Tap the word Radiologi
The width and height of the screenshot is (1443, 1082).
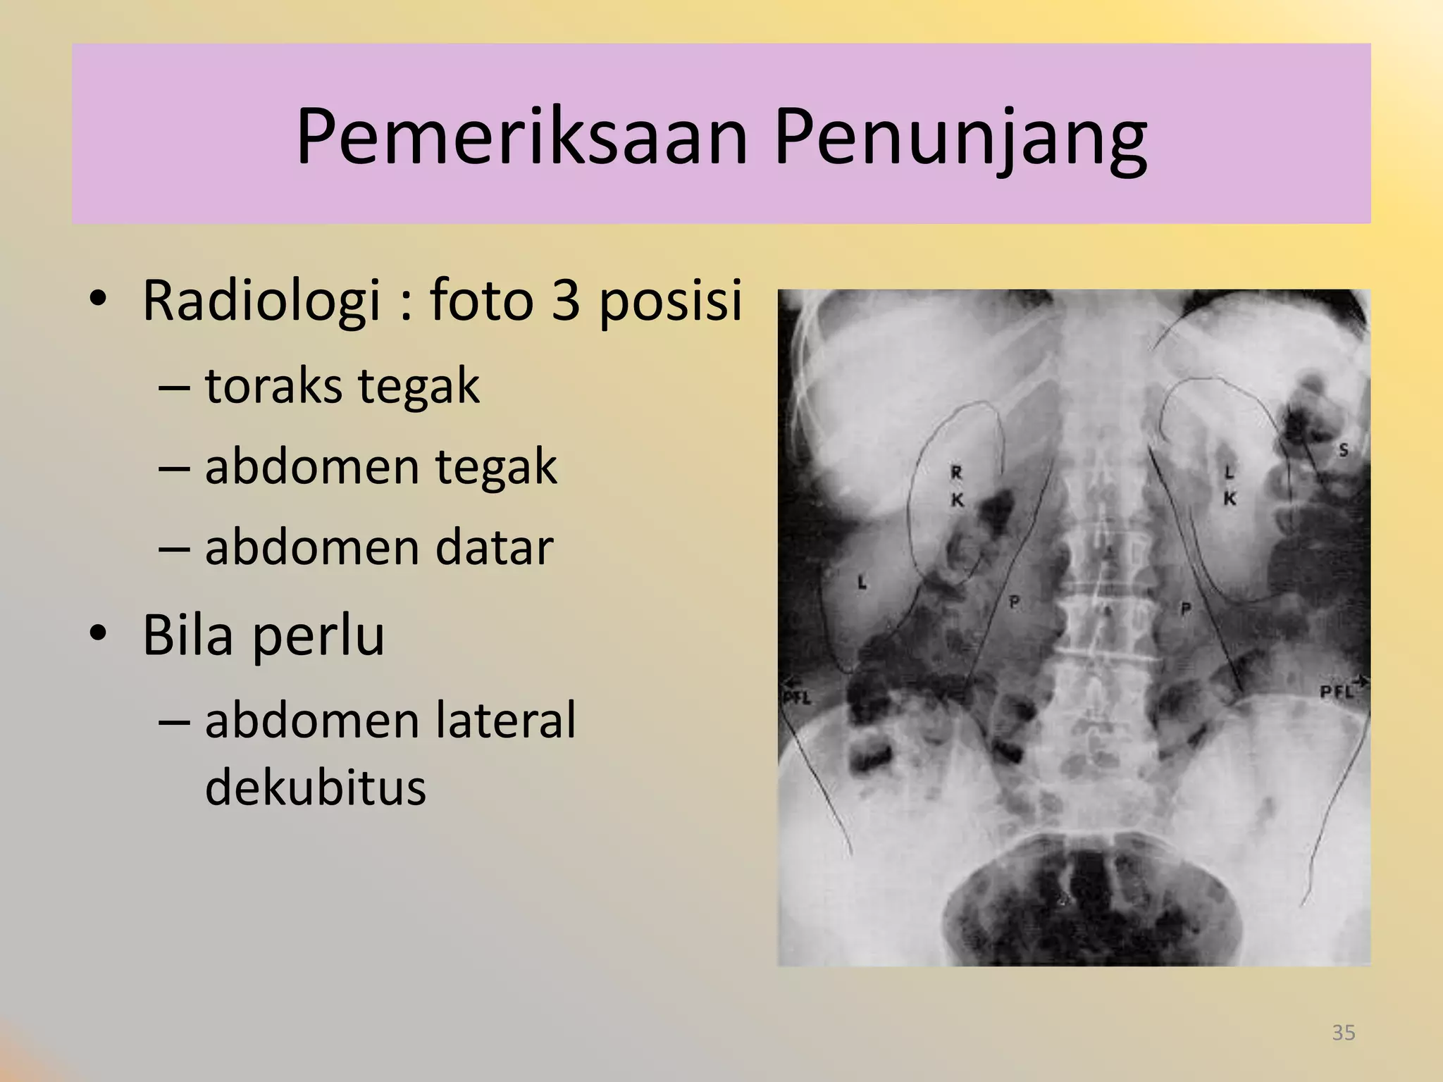(261, 301)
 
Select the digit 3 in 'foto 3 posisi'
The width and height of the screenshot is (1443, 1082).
(566, 300)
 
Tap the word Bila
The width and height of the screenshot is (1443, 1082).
(187, 635)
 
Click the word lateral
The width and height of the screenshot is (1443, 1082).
(505, 721)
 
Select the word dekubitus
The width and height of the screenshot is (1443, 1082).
(315, 787)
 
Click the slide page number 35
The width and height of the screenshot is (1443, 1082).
(1343, 1033)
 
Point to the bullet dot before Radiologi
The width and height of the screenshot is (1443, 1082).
(98, 301)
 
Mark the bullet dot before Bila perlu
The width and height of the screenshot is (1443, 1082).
(98, 635)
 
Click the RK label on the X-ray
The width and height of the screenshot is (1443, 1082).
(957, 486)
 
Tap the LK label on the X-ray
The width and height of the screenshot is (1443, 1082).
(1229, 485)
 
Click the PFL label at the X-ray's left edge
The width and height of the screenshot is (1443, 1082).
(797, 698)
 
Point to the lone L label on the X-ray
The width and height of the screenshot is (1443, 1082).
(861, 582)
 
